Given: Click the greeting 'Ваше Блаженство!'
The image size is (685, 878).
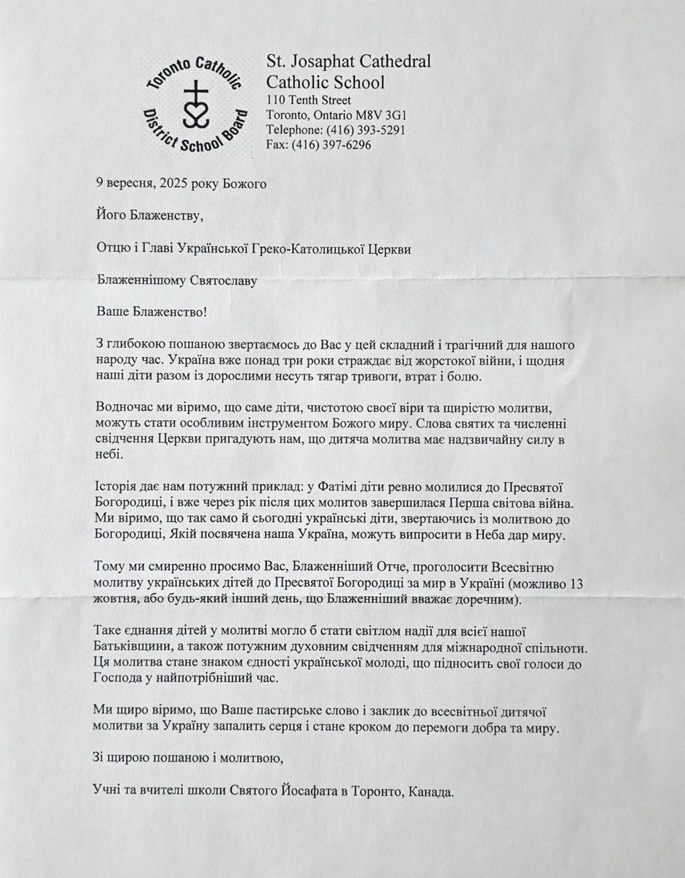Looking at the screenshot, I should (151, 312).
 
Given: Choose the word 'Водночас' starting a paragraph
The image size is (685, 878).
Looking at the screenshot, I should (123, 407).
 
